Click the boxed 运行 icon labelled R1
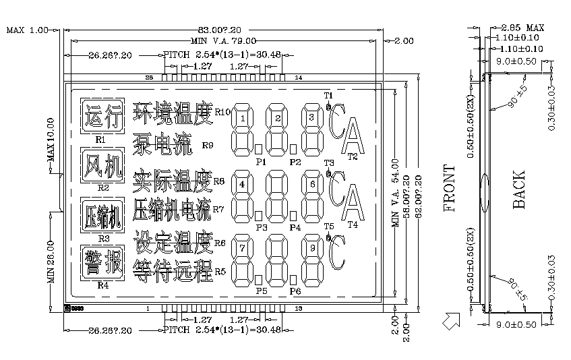tap(102, 117)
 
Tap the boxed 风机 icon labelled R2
tap(102, 166)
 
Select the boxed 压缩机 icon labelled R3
tap(102, 216)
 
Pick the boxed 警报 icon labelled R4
tap(102, 262)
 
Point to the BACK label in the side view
tap(518, 189)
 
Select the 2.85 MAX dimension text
tap(522, 28)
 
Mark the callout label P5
tap(262, 291)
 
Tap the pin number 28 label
tap(150, 78)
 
